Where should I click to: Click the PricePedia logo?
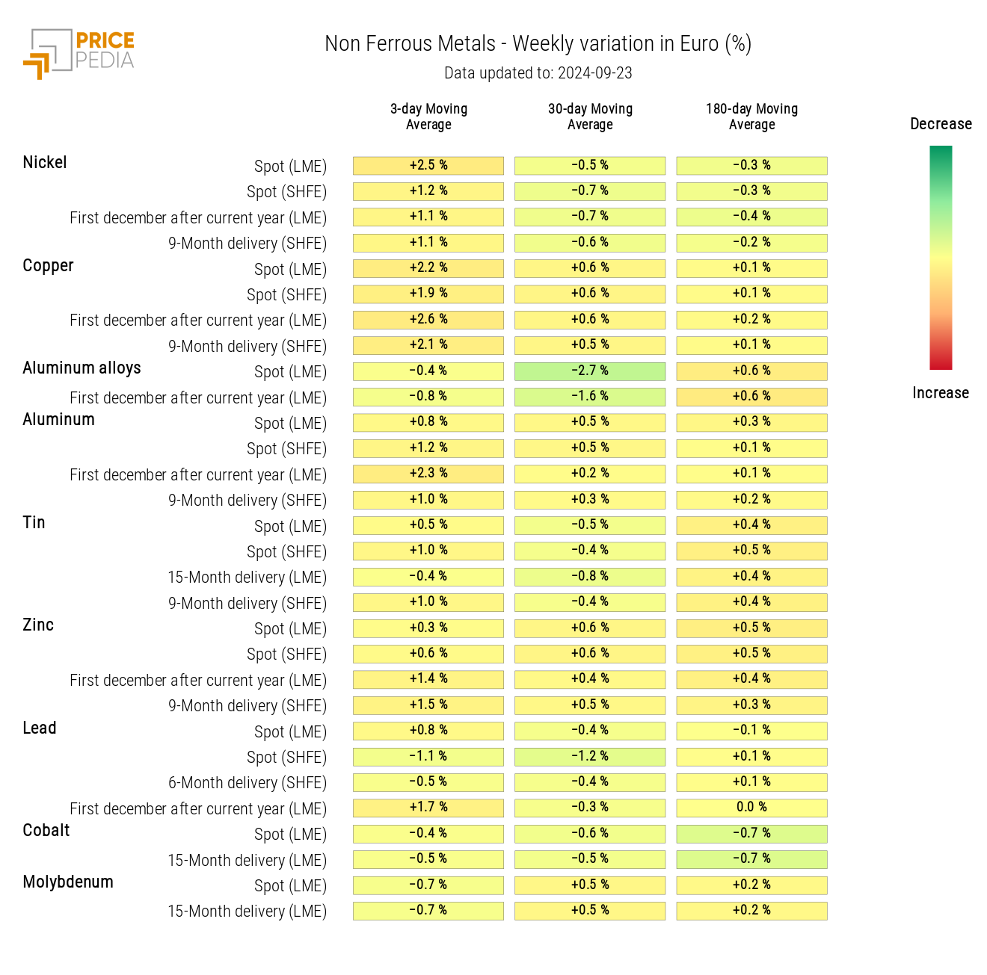point(79,53)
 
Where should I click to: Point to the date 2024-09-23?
point(594,73)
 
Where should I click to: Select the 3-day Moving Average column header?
point(428,117)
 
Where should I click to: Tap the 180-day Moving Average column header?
point(751,117)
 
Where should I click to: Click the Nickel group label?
point(45,163)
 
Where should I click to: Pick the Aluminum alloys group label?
point(82,368)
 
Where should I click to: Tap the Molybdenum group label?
point(68,882)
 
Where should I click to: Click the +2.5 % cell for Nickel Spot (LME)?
point(428,165)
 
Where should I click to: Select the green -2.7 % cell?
point(590,371)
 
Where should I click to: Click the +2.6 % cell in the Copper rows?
point(428,319)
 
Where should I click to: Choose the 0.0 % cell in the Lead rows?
point(751,807)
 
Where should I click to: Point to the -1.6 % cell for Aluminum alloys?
point(590,396)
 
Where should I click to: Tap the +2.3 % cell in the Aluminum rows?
point(428,473)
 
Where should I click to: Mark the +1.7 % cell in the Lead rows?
point(428,807)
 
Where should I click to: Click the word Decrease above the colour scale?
point(941,124)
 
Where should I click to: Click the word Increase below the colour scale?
point(941,393)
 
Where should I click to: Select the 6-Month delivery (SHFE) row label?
point(247,783)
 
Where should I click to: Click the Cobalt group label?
point(46,831)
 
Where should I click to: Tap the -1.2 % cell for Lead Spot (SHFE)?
point(590,756)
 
